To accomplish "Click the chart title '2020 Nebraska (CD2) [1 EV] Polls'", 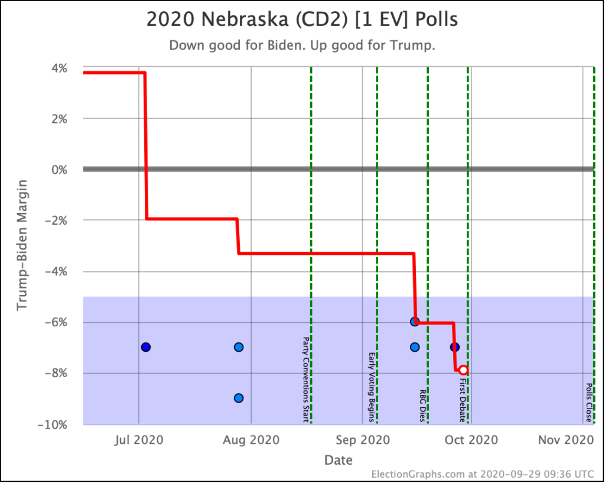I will [302, 20].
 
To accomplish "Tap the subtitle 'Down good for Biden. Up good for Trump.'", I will [302, 46].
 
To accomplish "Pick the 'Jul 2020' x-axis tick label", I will [139, 440].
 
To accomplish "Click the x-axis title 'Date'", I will [339, 460].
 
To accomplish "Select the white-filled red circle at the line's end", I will [463, 370].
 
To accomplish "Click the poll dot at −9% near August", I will [239, 398].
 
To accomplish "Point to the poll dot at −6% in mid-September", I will [415, 322].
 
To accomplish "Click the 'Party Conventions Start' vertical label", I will [305, 380].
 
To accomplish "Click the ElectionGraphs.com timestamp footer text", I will [483, 474].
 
